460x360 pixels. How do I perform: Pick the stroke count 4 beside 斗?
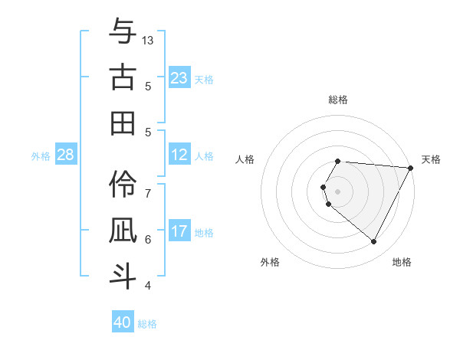point(148,286)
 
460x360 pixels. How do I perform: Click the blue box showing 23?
point(179,77)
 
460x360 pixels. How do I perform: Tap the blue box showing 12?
point(179,155)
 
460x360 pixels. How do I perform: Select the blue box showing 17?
point(179,231)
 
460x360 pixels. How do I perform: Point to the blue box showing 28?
point(66,155)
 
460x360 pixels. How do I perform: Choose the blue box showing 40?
point(123,322)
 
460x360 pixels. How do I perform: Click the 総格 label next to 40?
point(147,324)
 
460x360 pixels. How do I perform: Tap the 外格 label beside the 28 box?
point(41,156)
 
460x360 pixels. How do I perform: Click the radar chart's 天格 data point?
point(411,168)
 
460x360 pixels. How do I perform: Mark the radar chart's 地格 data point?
point(374,242)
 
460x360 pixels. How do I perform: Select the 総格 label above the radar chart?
point(338,100)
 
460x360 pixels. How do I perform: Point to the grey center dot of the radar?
point(338,191)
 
